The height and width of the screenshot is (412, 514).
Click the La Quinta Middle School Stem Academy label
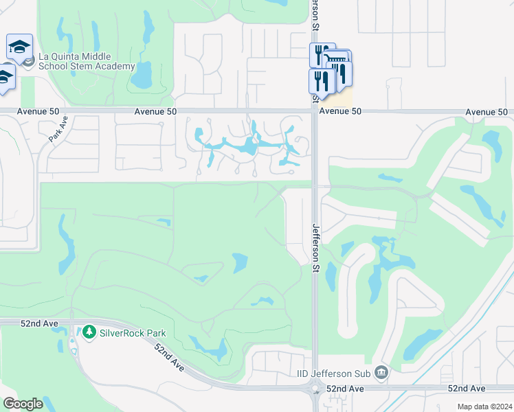click(87, 62)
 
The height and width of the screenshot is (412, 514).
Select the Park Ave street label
click(58, 128)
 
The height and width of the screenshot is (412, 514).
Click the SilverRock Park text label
click(133, 333)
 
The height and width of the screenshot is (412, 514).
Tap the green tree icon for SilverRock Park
click(89, 333)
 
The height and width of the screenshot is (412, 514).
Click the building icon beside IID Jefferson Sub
click(382, 374)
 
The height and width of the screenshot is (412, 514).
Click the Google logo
click(23, 404)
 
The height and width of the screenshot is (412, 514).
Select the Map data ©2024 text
click(484, 407)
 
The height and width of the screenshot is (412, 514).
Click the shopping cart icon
click(337, 60)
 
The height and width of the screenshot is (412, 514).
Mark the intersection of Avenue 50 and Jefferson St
click(315, 111)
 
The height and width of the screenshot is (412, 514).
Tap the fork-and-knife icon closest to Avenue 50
click(321, 80)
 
